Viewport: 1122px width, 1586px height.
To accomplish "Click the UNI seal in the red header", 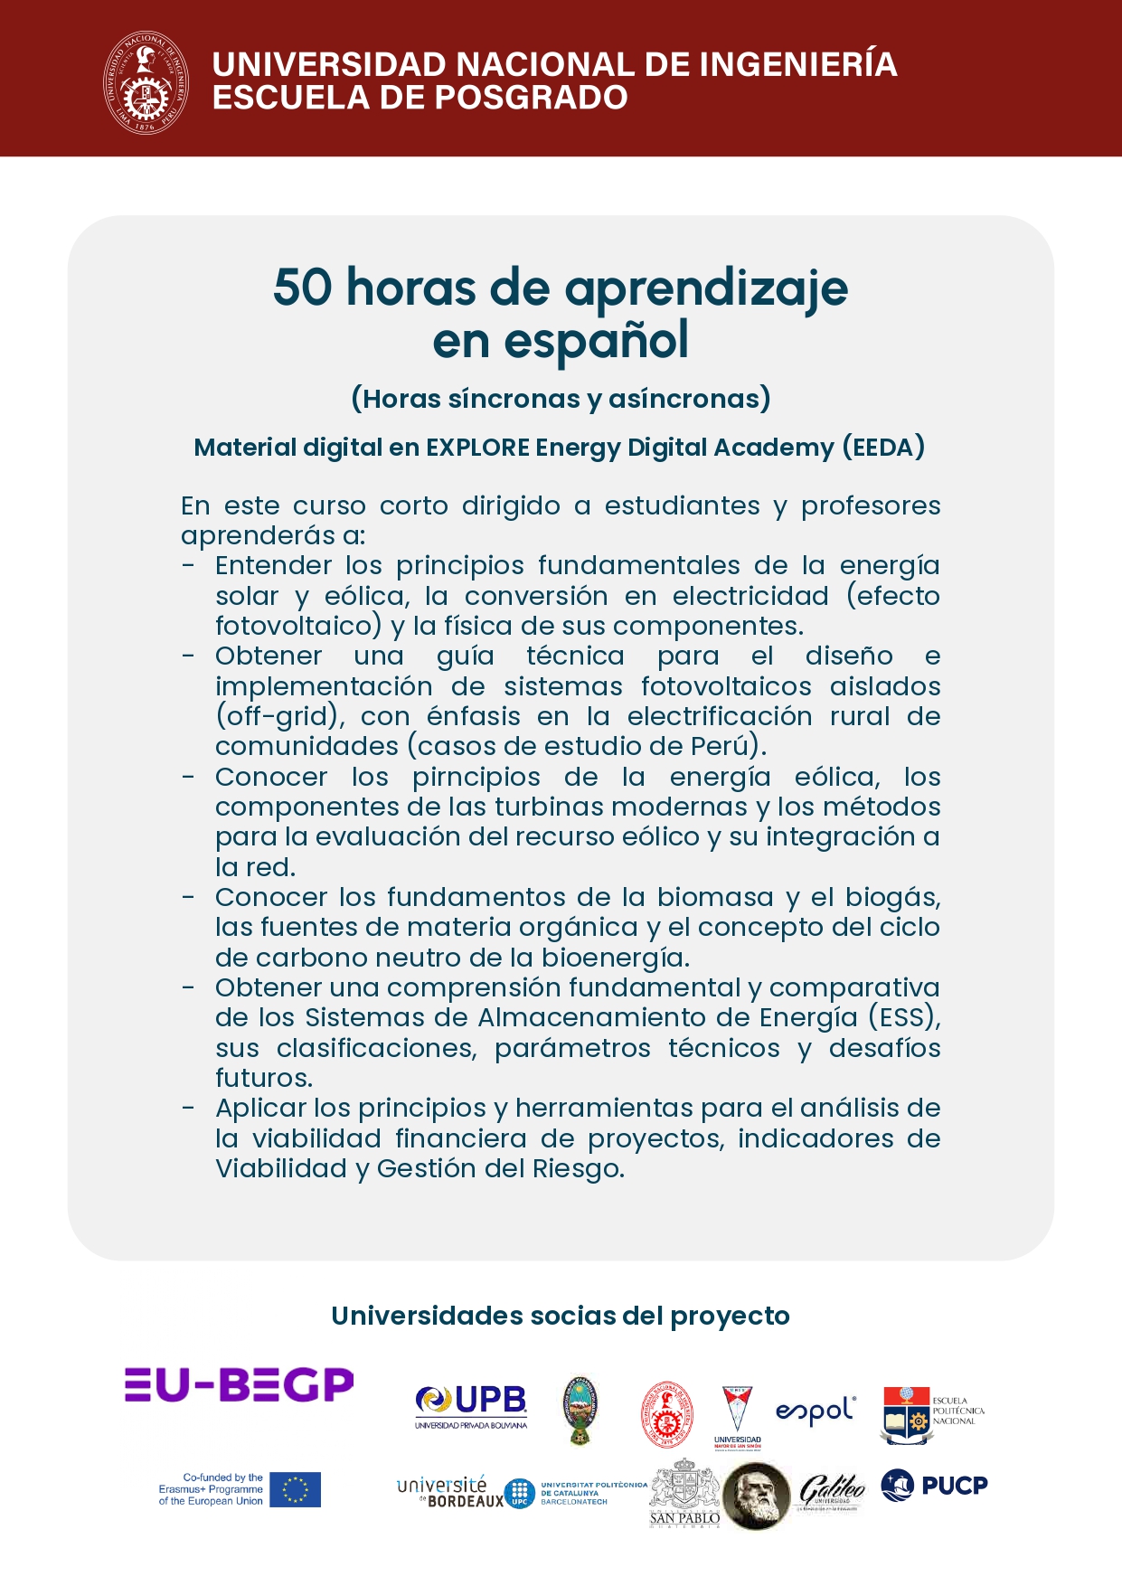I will pos(146,82).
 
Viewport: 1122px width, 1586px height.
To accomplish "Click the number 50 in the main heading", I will pos(303,288).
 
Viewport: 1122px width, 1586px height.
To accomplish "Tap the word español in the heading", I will pos(596,341).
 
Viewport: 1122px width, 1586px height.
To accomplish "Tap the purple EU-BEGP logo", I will pos(240,1384).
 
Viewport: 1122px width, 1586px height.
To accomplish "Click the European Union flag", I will pos(295,1489).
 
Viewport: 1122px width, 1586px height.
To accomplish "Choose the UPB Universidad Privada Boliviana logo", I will pos(471,1406).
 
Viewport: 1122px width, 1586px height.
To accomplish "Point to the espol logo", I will pos(816,1410).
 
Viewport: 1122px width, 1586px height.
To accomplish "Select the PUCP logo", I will pos(934,1485).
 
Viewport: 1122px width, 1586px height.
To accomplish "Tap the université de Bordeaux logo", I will pos(450,1491).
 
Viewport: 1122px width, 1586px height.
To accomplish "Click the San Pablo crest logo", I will pos(684,1493).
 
